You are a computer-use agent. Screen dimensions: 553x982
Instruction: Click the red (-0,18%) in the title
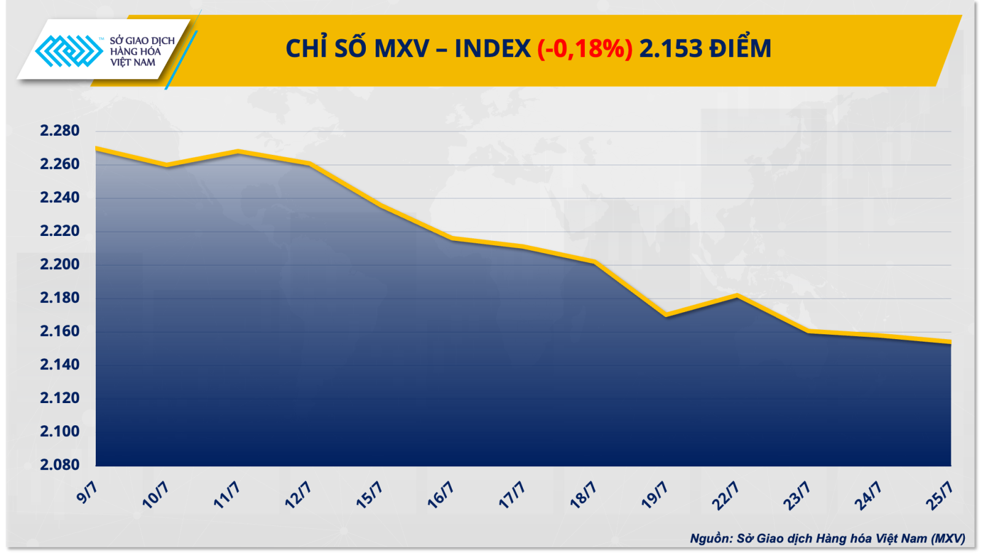point(584,49)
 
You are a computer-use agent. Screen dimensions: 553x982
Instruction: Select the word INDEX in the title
point(492,49)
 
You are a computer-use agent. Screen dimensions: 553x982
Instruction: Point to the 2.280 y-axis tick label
point(60,130)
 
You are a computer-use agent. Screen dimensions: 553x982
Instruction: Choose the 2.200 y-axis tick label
point(60,264)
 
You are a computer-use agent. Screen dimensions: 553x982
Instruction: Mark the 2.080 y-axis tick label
point(60,465)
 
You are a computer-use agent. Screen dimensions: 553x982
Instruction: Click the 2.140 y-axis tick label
point(60,364)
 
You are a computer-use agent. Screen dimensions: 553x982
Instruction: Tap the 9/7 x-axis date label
point(87,493)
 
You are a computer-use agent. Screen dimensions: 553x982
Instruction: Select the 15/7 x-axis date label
point(369,495)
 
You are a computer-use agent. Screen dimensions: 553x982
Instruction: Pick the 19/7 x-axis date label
point(654,495)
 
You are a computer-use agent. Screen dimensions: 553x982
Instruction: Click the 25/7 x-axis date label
point(939,495)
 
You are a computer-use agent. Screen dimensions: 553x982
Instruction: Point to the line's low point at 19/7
point(666,315)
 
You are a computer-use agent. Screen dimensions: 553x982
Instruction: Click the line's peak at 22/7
point(737,296)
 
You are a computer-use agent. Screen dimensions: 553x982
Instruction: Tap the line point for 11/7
point(238,151)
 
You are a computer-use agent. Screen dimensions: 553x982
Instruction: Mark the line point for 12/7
point(309,163)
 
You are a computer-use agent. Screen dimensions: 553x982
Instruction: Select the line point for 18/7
point(594,262)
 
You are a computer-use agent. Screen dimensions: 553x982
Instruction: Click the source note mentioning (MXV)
point(827,538)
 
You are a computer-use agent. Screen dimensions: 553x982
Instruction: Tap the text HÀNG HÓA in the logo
point(135,52)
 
